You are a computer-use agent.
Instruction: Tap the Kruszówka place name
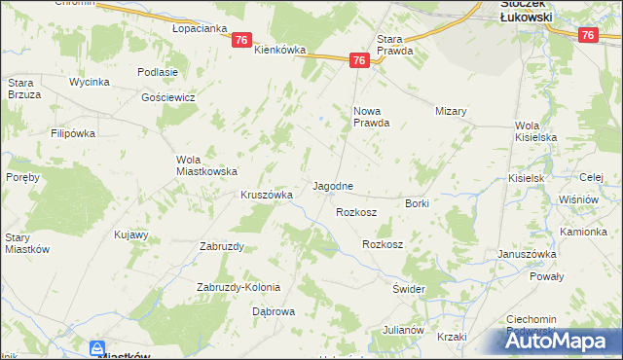coord(267,195)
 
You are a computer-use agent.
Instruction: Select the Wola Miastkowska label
coord(206,165)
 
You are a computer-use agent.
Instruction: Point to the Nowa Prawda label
coord(371,117)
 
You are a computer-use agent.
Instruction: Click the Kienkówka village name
coord(280,50)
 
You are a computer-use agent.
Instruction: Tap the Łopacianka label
coord(199,28)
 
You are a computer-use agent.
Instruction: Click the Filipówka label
coord(76,132)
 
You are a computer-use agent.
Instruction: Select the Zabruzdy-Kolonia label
coord(238,287)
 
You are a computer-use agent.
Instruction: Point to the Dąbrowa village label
coord(274,311)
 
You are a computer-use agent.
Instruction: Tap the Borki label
coord(417,203)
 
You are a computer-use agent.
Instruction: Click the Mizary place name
coord(452,111)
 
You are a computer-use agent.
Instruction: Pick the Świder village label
coord(410,290)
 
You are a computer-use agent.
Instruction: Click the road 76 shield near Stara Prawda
coord(359,60)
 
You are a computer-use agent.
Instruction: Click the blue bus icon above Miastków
coord(97,347)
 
